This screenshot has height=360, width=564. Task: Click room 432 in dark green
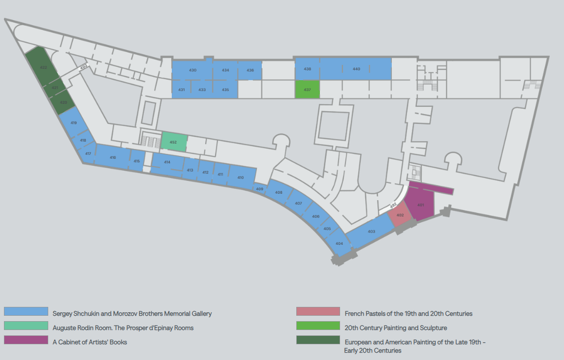[43, 67]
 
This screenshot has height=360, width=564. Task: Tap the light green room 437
[307, 90]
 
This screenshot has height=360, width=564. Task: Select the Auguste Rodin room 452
[174, 142]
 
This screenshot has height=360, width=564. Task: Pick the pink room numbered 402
[400, 215]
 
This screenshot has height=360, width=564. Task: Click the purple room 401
[421, 204]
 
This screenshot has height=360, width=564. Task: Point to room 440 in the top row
[356, 69]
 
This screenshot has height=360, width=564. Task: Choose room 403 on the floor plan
[372, 231]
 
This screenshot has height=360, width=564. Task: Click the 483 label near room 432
[84, 66]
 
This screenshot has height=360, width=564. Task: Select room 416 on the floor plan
[113, 157]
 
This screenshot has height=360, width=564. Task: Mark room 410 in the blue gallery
[241, 177]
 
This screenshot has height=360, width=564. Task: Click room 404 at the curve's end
[339, 243]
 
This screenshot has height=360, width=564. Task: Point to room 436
[250, 70]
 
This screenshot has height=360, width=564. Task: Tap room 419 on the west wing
[74, 122]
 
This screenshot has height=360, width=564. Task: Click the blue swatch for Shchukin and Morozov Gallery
[26, 312]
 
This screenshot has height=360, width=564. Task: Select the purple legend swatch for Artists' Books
[26, 340]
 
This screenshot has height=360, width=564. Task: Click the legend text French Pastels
[408, 313]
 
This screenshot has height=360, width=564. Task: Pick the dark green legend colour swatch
[318, 340]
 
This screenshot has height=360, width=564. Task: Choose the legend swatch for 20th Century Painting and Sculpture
[318, 326]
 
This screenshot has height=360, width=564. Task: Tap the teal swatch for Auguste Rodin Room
[26, 326]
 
